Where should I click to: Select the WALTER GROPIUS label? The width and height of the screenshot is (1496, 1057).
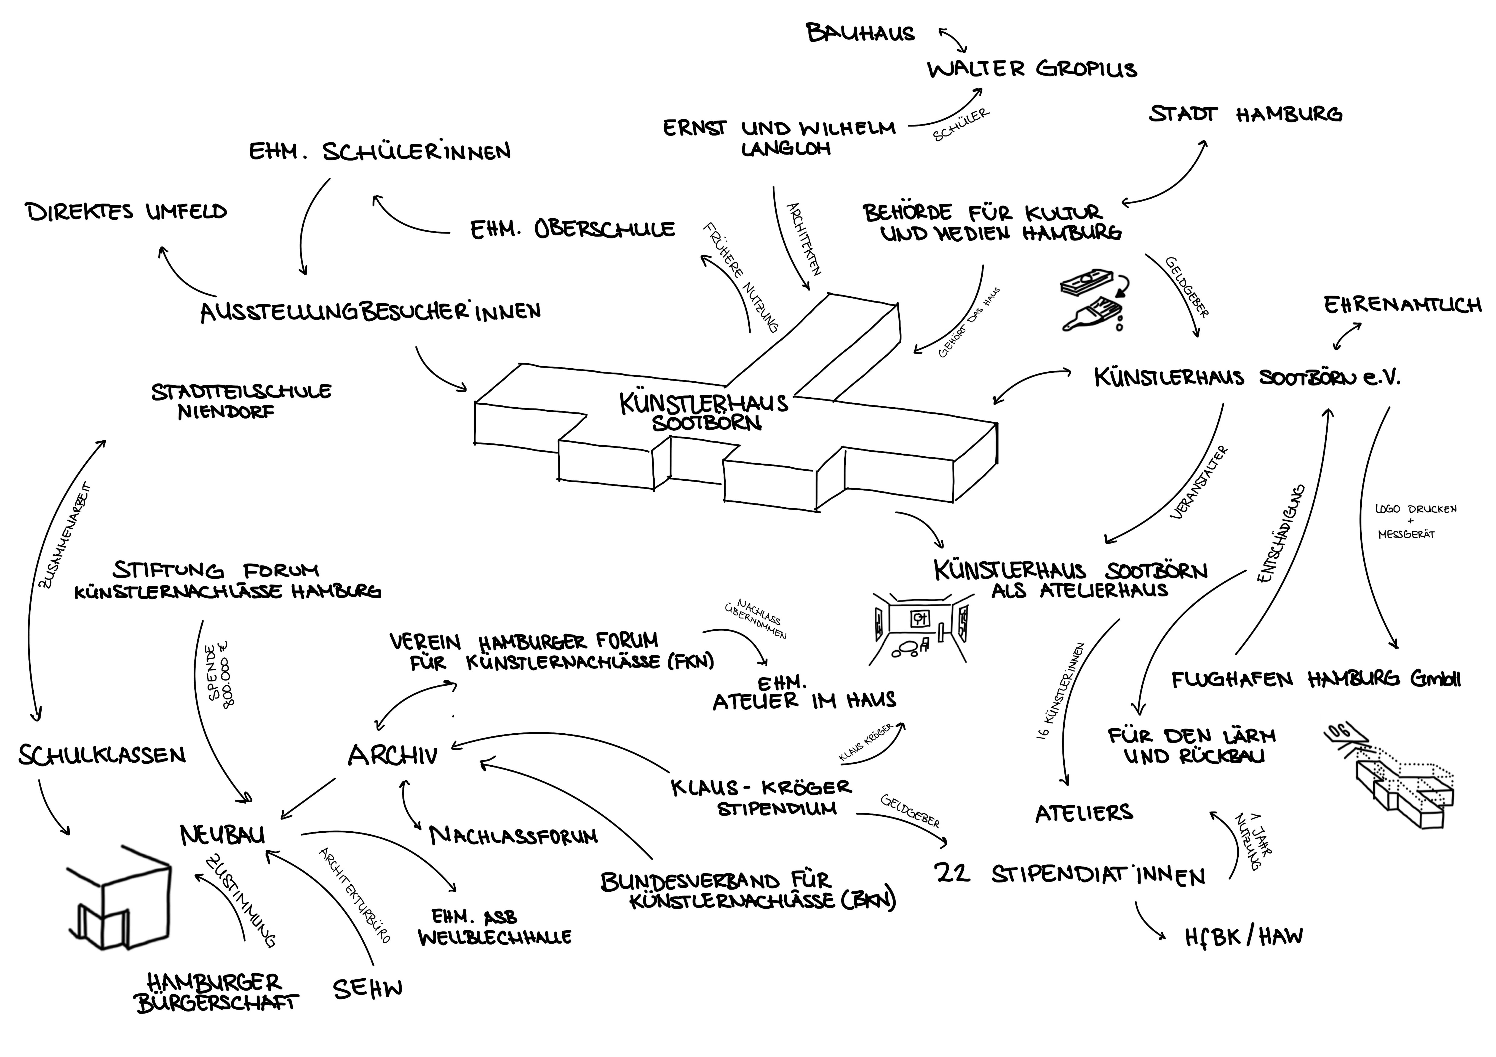pos(1032,69)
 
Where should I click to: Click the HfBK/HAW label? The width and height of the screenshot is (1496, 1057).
pos(1243,937)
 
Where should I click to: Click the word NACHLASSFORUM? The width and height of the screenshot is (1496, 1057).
pos(513,836)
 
